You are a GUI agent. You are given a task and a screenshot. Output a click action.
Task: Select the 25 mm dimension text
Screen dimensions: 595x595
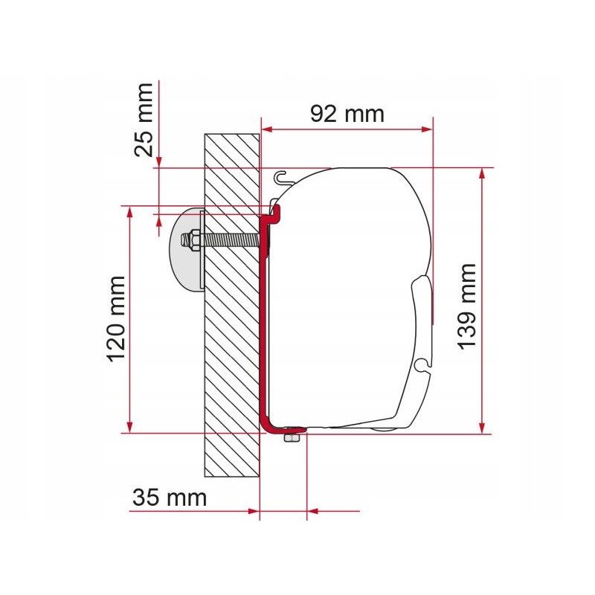[144, 119]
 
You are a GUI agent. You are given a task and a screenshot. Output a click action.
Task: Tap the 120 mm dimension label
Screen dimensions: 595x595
[117, 318]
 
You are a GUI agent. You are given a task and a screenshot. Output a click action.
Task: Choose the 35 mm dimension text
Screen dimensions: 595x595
[169, 498]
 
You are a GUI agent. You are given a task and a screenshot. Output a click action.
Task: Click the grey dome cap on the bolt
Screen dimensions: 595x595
[186, 249]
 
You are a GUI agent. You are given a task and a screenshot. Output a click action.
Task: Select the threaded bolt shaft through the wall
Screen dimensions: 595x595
[231, 241]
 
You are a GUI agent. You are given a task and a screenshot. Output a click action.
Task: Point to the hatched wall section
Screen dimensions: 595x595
[231, 335]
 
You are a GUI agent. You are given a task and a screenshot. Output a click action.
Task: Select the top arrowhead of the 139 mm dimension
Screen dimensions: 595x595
[483, 173]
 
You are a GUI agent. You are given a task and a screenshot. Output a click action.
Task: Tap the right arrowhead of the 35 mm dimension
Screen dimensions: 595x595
[312, 511]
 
